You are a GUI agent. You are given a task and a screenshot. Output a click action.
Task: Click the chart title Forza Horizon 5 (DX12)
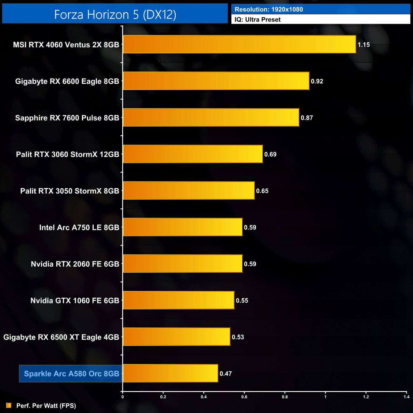115,15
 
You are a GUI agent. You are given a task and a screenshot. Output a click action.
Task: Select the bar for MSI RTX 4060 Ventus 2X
239,44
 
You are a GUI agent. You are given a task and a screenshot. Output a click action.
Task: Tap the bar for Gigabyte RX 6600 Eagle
216,81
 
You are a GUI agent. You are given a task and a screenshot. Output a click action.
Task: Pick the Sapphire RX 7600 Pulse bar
211,118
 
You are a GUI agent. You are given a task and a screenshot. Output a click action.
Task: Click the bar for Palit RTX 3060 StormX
193,154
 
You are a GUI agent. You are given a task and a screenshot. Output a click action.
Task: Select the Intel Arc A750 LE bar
183,227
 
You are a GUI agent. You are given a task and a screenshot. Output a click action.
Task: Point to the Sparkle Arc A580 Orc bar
170,373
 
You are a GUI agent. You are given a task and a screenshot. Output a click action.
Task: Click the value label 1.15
364,45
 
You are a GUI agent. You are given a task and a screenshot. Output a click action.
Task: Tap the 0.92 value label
317,81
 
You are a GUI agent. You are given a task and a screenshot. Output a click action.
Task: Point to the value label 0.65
262,191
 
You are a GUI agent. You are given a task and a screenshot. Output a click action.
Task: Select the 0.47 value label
226,374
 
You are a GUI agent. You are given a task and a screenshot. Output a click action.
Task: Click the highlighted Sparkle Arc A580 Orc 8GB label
71,374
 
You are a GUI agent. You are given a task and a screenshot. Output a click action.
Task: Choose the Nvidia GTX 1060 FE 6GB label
75,301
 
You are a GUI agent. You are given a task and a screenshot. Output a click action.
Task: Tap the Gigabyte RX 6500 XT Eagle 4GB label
61,337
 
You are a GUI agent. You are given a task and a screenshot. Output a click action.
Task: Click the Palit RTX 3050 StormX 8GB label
70,191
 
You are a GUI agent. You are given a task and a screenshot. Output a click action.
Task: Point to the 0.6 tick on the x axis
244,397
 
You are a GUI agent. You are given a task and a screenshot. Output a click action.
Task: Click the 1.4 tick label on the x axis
406,397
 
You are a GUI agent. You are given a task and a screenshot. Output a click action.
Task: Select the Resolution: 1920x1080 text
269,10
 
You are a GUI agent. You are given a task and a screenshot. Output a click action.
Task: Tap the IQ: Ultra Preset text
258,20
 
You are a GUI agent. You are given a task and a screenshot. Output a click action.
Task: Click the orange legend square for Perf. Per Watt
9,405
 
